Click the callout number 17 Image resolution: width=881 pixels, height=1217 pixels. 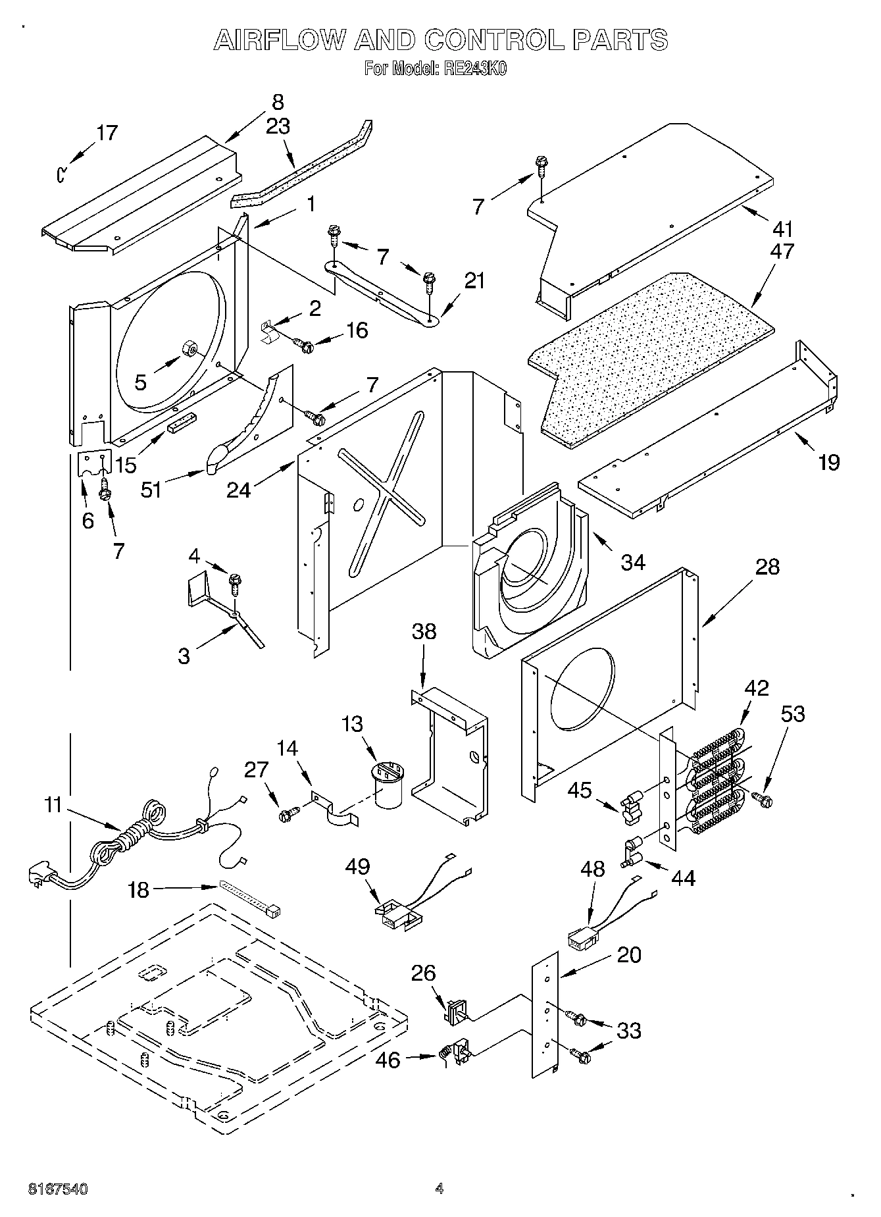tap(107, 133)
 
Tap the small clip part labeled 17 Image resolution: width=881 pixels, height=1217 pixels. tap(61, 174)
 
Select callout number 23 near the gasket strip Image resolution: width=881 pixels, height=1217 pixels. tap(278, 126)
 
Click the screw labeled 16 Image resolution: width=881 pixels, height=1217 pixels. tap(305, 344)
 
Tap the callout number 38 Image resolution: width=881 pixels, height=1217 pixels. tap(424, 632)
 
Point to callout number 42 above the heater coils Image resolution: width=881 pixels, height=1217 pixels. tap(756, 688)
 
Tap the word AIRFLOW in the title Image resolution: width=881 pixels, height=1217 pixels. tap(278, 41)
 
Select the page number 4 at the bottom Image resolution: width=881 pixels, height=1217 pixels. tap(440, 1188)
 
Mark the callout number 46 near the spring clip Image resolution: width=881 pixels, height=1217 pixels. tap(388, 1060)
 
